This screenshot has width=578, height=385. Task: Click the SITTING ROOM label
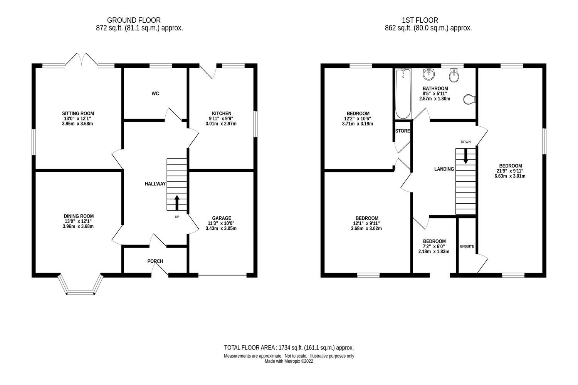point(78,114)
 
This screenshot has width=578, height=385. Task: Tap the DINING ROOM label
point(79,216)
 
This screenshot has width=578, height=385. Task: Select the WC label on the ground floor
point(155,94)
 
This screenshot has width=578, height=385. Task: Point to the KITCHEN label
point(221,114)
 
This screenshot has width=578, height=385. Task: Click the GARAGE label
point(222,218)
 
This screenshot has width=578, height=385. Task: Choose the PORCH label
point(155,261)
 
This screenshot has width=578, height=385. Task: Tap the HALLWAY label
point(155,184)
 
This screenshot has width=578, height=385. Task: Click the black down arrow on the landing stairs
point(465,156)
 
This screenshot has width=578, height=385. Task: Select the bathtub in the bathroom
point(403,94)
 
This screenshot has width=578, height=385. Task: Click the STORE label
point(403,131)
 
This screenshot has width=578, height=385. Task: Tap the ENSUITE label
point(467,246)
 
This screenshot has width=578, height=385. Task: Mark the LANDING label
point(444,169)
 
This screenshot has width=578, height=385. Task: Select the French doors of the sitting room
point(81,60)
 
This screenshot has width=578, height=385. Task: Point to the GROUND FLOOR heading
point(134,20)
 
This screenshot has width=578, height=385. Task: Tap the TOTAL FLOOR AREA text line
point(289,347)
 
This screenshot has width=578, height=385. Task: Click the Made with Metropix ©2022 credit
point(289,362)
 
